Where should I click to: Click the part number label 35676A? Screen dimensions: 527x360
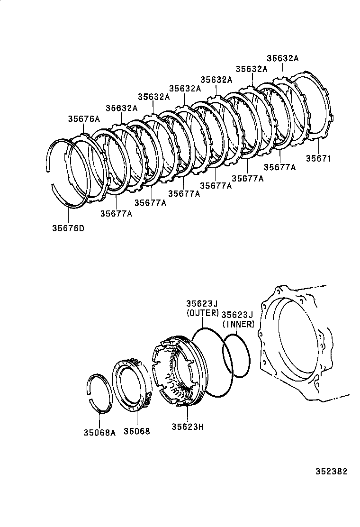pyautogui.click(x=84, y=119)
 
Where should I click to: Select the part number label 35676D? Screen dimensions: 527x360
pyautogui.click(x=68, y=228)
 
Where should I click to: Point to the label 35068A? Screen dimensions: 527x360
pyautogui.click(x=99, y=432)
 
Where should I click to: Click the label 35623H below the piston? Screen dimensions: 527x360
pyautogui.click(x=188, y=426)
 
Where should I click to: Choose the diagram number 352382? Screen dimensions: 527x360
pyautogui.click(x=332, y=472)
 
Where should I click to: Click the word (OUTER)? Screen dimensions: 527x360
pyautogui.click(x=203, y=313)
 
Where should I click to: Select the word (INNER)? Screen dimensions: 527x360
pyautogui.click(x=239, y=324)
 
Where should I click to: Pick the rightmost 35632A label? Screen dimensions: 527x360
pyautogui.click(x=282, y=58)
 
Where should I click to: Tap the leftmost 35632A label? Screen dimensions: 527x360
pyautogui.click(x=122, y=108)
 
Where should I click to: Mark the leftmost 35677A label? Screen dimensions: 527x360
pyautogui.click(x=116, y=213)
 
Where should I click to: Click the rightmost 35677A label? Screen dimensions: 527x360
pyautogui.click(x=279, y=167)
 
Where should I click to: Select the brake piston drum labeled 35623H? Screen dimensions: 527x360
pyautogui.click(x=175, y=370)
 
